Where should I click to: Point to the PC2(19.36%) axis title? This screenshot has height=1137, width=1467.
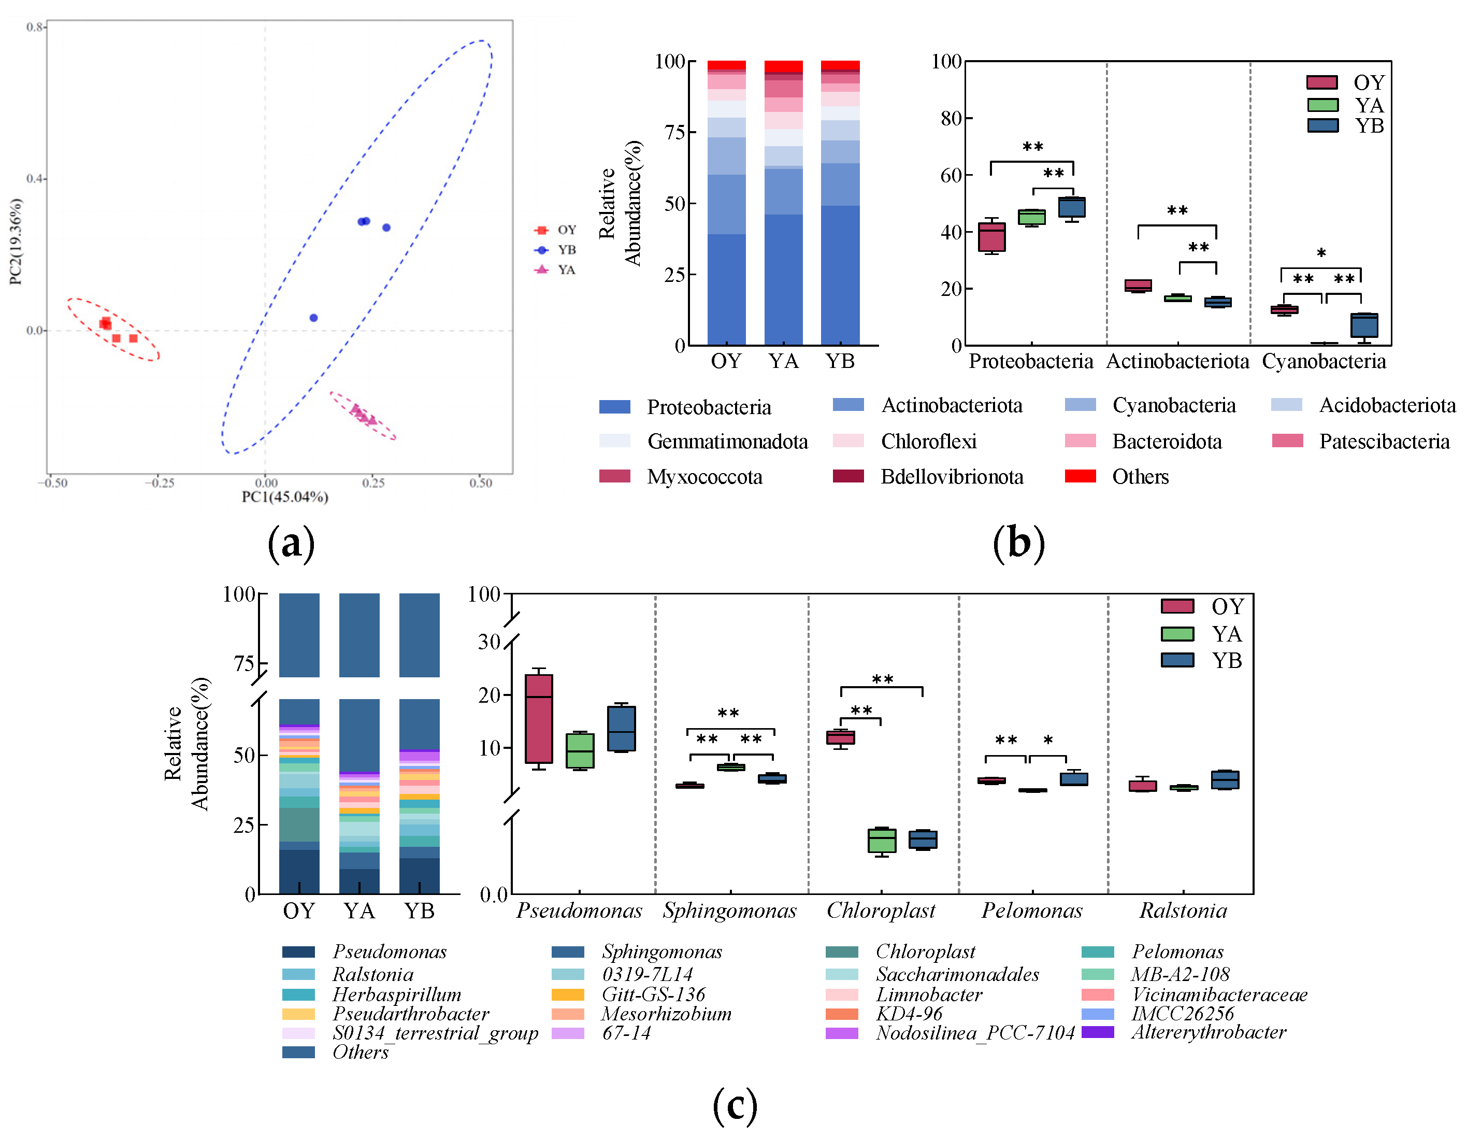click(x=16, y=242)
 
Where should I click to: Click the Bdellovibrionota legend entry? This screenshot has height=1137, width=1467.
click(x=951, y=477)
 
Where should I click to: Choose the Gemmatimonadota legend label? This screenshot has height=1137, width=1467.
click(x=727, y=442)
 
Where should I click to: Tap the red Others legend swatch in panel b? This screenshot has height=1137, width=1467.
click(x=1080, y=476)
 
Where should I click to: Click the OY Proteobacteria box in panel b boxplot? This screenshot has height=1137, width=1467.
click(x=991, y=237)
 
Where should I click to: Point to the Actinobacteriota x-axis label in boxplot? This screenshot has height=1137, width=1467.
click(x=1177, y=362)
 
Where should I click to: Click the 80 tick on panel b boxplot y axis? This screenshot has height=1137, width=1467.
click(x=951, y=118)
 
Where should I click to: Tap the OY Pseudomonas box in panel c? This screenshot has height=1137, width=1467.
click(x=539, y=718)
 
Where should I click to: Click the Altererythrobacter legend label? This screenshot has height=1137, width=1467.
click(x=1207, y=1032)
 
